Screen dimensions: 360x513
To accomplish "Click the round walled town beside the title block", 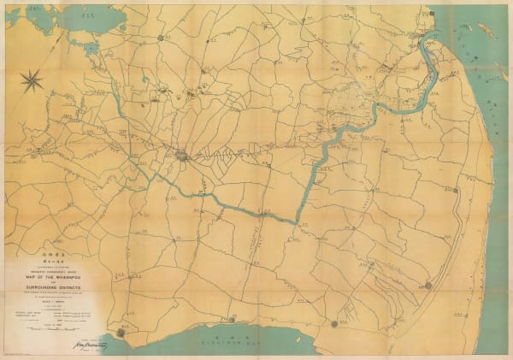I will (x=122, y=332).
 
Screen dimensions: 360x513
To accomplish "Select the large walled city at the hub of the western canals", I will (x=183, y=156).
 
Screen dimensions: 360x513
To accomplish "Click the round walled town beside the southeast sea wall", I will (x=427, y=285).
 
